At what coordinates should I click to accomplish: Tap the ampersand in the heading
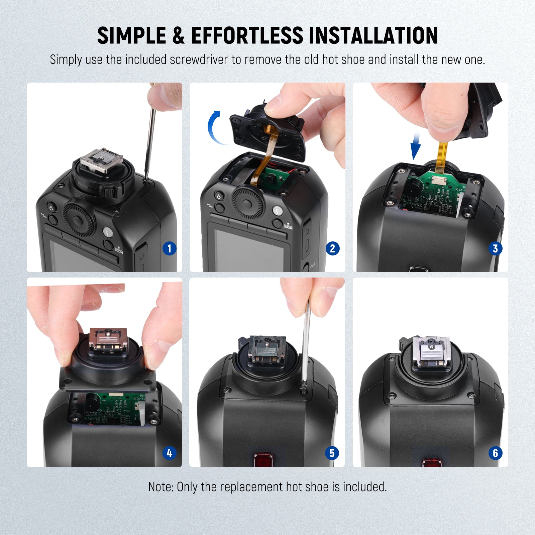coord(179,35)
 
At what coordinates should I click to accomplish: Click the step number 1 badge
coord(170,248)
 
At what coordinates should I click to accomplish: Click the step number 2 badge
coord(332,248)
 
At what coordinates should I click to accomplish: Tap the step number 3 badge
coord(495,248)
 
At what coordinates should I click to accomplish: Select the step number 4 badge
coord(170,453)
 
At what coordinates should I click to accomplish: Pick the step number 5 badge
coord(332,453)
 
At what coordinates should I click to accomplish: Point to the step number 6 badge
coord(495,453)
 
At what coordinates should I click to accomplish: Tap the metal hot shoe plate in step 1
coord(102,159)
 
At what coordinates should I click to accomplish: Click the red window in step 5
coord(263,459)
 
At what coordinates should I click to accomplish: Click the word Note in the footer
coord(160,487)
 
